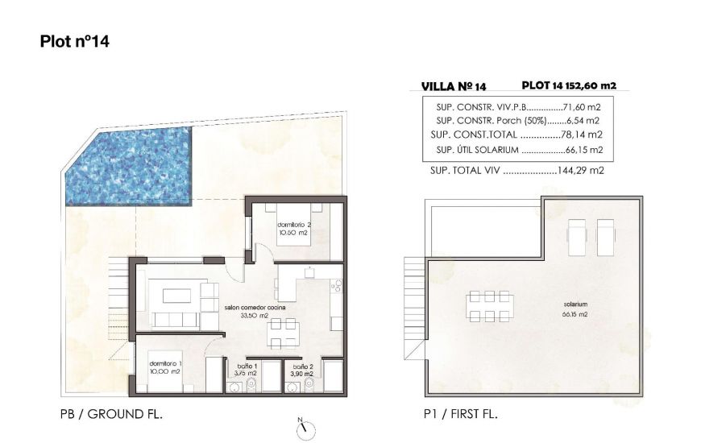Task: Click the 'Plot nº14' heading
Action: (74, 42)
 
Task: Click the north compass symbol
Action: (304, 430)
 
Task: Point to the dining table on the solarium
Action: (488, 306)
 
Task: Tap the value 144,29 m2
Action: (583, 171)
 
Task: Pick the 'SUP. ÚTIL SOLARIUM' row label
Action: (474, 150)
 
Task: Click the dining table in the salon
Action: (282, 326)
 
